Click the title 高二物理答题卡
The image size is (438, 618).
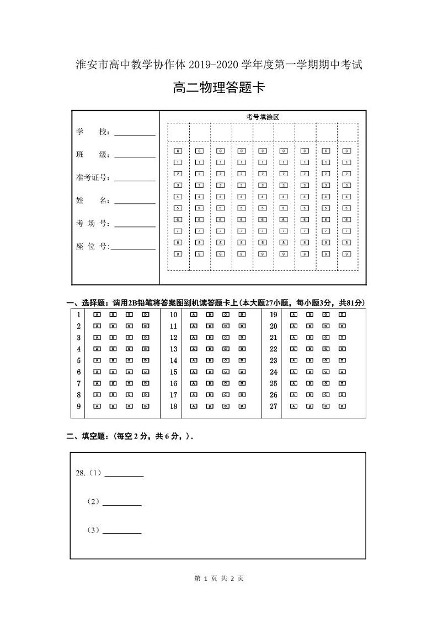pyautogui.click(x=219, y=88)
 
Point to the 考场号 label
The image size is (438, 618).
pyautogui.click(x=93, y=223)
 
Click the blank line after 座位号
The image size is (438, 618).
pyautogui.click(x=133, y=248)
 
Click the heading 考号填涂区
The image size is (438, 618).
pyautogui.click(x=263, y=117)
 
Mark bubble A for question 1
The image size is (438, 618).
pyautogui.click(x=97, y=315)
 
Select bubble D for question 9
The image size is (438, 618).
pyautogui.click(x=146, y=406)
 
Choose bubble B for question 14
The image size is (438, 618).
pyautogui.click(x=210, y=361)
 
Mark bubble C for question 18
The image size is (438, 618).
pyautogui.click(x=226, y=406)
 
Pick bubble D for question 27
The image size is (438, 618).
pyautogui.click(x=342, y=406)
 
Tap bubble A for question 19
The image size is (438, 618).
pyautogui.click(x=293, y=315)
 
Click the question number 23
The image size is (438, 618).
pyautogui.click(x=273, y=361)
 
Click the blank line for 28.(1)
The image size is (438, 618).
pyautogui.click(x=124, y=475)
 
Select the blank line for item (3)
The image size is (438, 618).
pyautogui.click(x=122, y=532)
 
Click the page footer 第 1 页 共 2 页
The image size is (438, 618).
pyautogui.click(x=219, y=578)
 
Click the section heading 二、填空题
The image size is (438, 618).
pyautogui.click(x=88, y=436)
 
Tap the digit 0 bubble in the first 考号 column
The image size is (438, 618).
pyautogui.click(x=178, y=150)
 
